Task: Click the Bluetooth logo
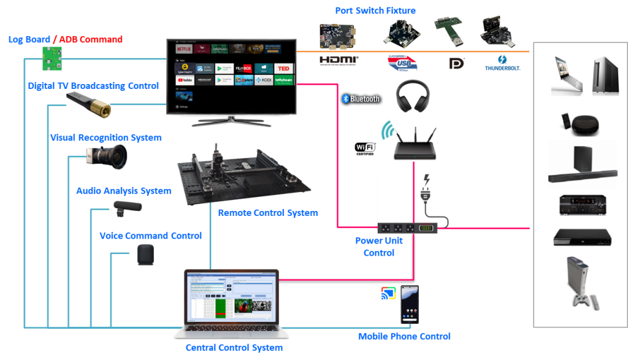coord(361,99)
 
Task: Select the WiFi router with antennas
coord(415,143)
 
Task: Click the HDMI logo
coord(339,61)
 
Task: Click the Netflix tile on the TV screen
coord(184,48)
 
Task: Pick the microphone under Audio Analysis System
coord(126,209)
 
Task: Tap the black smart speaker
coord(145,255)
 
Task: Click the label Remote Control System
coord(267,213)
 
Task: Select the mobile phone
coord(408,305)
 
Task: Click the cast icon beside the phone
coord(388,294)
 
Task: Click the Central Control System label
coord(234,348)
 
